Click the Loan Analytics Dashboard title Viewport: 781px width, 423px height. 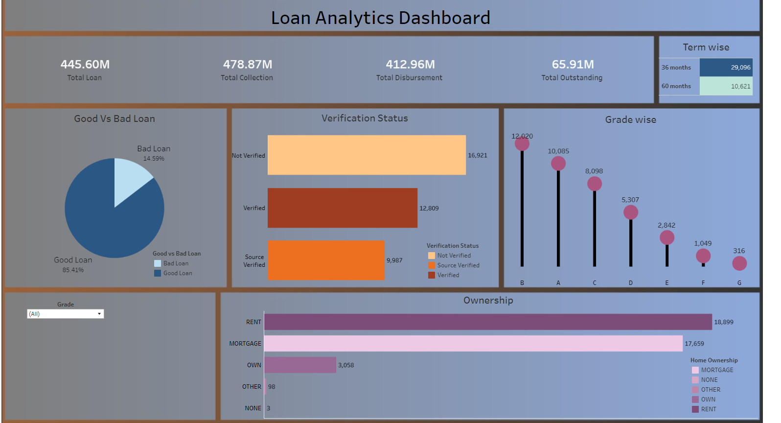380,18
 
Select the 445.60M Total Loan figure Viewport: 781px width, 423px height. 85,65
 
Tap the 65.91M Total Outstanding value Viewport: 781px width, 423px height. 573,65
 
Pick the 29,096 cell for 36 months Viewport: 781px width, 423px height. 726,68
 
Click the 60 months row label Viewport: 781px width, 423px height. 676,86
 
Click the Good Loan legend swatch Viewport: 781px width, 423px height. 158,273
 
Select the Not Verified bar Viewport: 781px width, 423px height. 367,155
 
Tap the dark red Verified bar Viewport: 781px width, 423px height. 342,208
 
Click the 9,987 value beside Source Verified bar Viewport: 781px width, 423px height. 394,260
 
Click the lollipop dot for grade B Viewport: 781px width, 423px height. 522,144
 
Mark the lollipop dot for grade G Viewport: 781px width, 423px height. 739,263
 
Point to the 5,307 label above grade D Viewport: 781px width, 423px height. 630,200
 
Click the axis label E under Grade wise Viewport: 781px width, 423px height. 667,283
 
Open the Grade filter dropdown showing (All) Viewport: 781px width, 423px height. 66,314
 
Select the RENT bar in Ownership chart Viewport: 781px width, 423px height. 487,322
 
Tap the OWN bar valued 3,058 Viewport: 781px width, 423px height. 300,365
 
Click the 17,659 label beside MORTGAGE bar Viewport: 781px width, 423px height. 694,344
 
